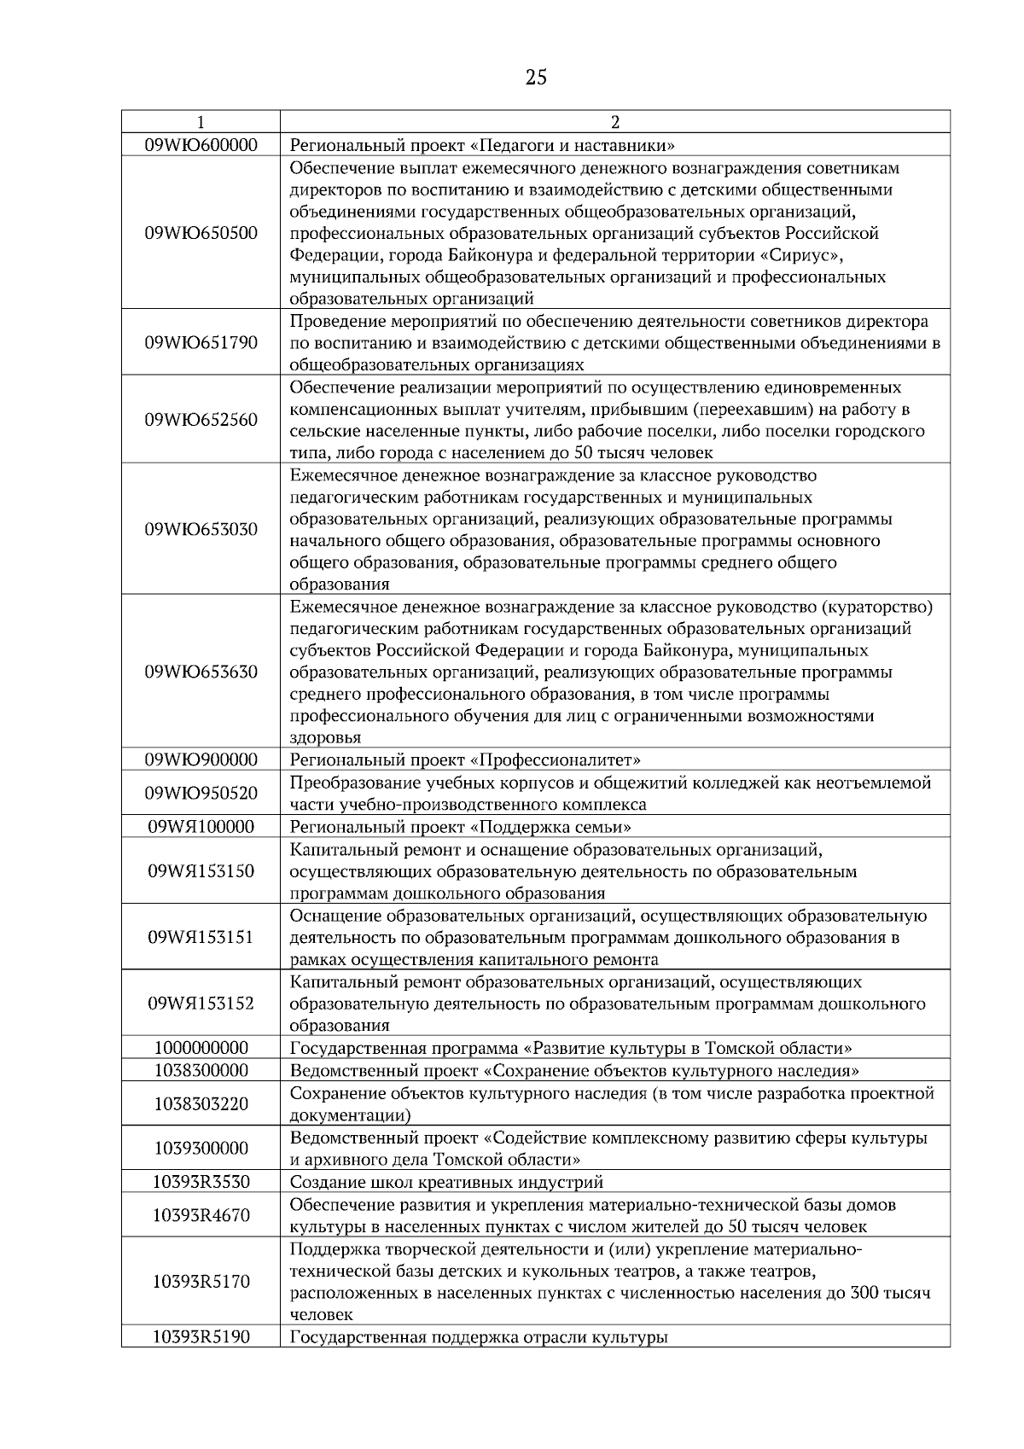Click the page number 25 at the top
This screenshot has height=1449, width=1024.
(x=536, y=79)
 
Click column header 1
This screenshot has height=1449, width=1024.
(x=201, y=122)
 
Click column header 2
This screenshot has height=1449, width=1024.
(x=615, y=122)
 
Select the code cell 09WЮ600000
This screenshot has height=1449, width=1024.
(x=201, y=144)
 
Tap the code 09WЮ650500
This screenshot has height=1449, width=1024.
(x=201, y=233)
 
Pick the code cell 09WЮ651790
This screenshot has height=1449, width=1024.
(x=201, y=342)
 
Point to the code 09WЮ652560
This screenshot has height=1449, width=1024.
(x=201, y=420)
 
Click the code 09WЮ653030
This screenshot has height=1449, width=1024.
(x=201, y=529)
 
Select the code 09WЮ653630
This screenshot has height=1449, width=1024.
(x=201, y=672)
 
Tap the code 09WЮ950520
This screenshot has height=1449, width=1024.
(x=201, y=794)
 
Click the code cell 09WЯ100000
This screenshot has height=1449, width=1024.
(x=201, y=827)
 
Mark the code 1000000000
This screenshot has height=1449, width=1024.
(x=201, y=1048)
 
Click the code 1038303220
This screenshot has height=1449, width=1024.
(x=201, y=1104)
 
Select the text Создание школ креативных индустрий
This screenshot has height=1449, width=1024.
(x=446, y=1182)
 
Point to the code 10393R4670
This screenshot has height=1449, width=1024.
(x=201, y=1215)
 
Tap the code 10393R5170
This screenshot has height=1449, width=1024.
(x=201, y=1282)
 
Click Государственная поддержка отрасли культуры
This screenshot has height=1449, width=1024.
(x=478, y=1337)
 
